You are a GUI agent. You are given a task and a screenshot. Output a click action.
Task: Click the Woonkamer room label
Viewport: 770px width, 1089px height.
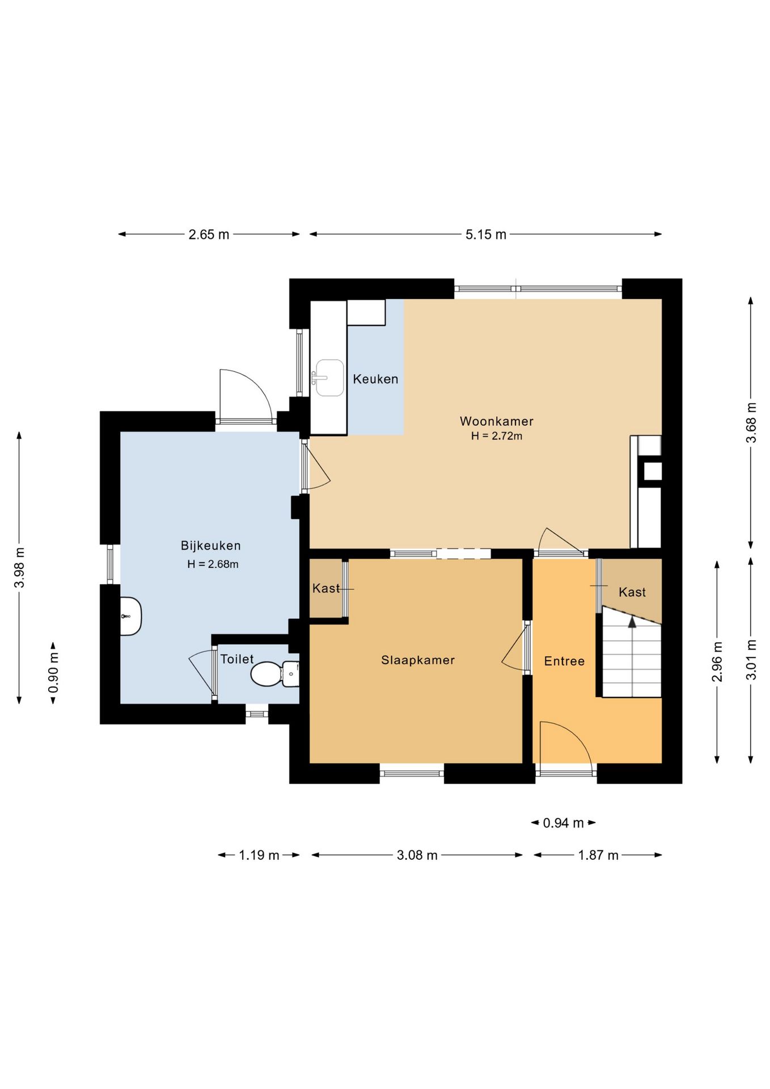496,421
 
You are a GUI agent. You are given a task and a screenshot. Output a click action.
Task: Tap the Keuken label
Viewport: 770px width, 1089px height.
375,379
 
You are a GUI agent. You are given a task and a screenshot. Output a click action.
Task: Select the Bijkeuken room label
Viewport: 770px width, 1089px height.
211,546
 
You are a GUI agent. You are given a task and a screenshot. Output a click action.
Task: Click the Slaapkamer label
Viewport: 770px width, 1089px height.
418,660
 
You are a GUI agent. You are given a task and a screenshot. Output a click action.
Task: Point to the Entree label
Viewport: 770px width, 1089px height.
564,661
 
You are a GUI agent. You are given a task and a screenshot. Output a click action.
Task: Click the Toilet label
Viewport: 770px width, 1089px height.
237,659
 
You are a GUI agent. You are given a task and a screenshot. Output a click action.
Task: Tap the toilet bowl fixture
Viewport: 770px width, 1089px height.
274,674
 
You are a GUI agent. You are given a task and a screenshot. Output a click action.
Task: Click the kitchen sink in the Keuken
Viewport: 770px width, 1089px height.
329,378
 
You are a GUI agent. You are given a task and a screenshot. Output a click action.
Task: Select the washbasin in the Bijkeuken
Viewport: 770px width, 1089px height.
131,616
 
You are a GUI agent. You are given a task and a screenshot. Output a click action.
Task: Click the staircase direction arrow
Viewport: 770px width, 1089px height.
632,622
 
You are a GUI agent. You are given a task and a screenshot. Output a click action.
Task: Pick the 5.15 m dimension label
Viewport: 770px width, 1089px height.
486,234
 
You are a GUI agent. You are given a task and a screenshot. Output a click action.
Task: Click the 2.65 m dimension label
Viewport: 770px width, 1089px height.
209,234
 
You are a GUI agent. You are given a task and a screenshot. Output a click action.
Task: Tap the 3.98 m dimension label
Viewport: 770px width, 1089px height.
19,568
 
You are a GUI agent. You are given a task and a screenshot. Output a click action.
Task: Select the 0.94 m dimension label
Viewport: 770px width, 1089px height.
563,823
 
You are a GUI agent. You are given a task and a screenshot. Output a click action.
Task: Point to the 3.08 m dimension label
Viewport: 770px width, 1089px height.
417,855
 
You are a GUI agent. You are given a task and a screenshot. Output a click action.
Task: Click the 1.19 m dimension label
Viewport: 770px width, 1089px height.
259,855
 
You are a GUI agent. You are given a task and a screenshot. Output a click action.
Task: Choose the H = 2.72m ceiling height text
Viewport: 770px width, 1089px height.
497,436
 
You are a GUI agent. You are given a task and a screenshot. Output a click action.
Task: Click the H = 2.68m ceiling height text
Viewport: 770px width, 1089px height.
213,564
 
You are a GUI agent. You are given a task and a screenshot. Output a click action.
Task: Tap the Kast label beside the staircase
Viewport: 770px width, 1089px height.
632,592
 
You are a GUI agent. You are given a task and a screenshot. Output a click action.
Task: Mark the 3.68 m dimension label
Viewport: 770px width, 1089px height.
751,423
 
